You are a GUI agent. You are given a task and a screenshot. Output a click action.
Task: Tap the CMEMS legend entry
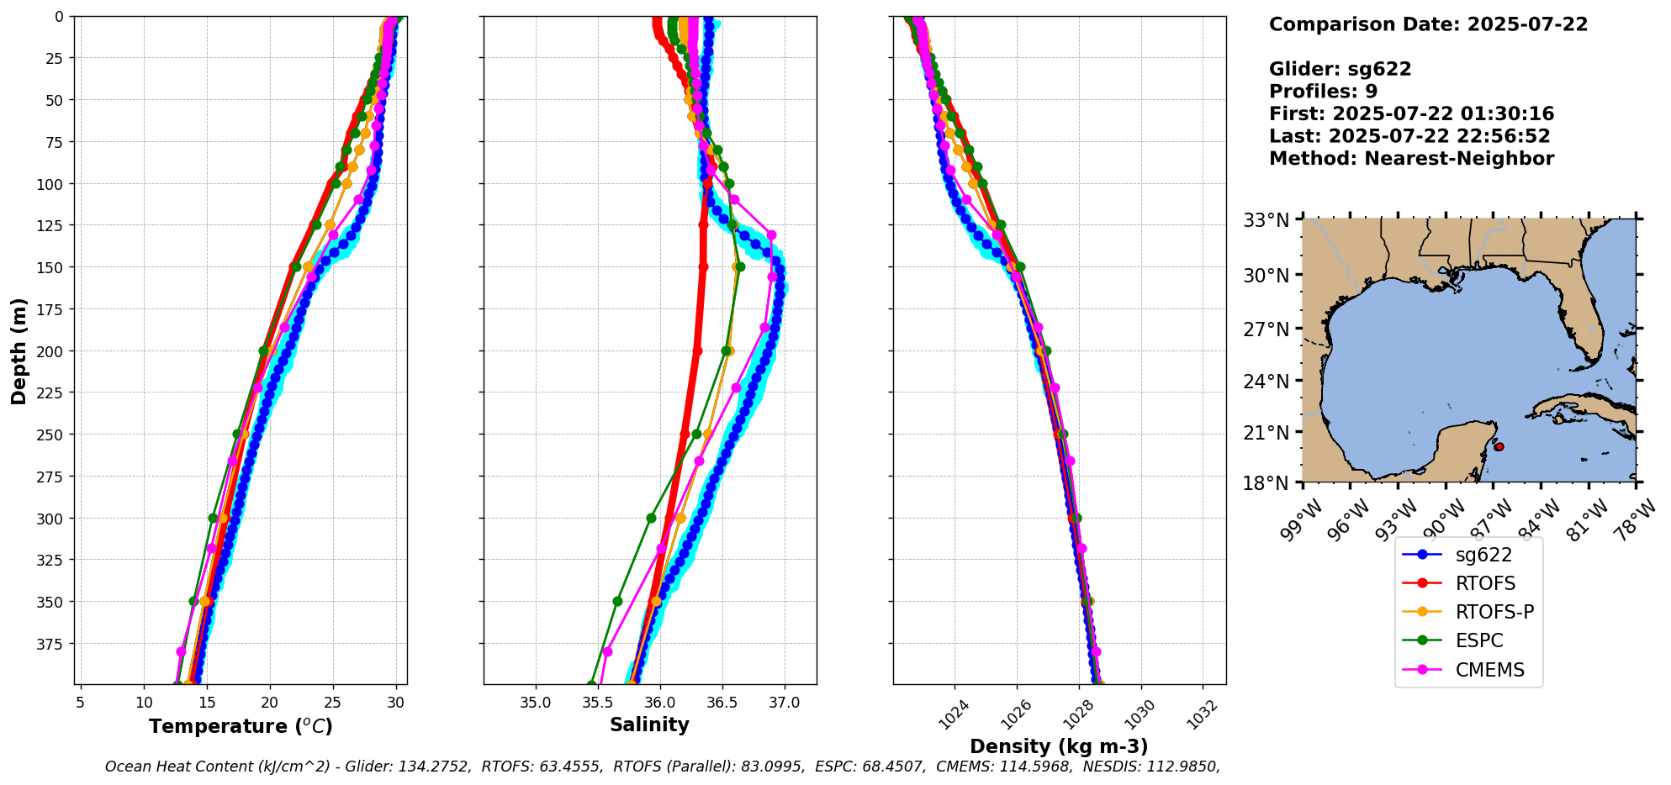click(x=1489, y=670)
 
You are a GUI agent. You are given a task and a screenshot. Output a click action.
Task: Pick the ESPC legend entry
click(x=1479, y=640)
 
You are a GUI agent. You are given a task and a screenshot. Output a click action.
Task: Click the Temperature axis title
click(x=241, y=726)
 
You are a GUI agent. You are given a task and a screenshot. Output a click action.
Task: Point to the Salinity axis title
click(x=649, y=724)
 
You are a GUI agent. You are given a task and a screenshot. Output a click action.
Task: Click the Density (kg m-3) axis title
click(x=1059, y=746)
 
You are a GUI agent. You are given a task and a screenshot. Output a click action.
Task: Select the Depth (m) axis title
click(x=19, y=350)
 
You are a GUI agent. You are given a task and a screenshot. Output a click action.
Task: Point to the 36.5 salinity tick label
click(x=722, y=702)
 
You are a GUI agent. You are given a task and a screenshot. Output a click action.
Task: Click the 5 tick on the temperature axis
click(x=80, y=702)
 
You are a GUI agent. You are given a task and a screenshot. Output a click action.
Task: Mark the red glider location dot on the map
click(x=1499, y=446)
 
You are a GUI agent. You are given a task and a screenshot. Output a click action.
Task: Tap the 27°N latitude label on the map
click(x=1266, y=329)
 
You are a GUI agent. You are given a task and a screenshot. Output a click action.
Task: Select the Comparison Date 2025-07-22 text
click(x=1428, y=24)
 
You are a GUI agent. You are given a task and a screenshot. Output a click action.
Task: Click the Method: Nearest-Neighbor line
click(x=1411, y=158)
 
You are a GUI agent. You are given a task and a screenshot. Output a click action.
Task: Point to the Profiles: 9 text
click(x=1323, y=91)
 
